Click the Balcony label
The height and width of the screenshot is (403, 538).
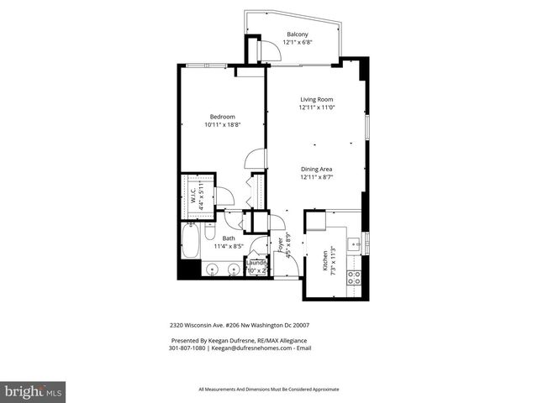[297, 34]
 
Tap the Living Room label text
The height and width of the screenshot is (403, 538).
[317, 99]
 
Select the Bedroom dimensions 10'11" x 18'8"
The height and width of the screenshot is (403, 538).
[223, 124]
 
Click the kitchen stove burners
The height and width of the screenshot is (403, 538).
[355, 278]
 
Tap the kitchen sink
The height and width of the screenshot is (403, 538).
[356, 244]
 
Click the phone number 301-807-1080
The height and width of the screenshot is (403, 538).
[187, 348]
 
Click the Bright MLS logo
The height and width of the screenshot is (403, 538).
[34, 391]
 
